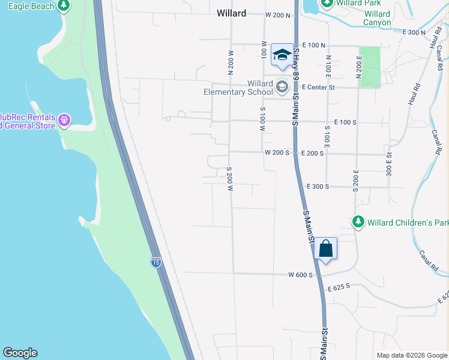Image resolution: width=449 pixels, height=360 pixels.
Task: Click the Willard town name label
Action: [x=231, y=13]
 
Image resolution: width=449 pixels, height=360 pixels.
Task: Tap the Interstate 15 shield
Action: [x=155, y=262]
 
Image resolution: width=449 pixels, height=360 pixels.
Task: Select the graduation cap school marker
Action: [x=282, y=55]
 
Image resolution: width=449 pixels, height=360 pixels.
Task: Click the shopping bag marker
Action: [x=325, y=248]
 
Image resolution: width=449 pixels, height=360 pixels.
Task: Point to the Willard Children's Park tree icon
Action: [x=358, y=222]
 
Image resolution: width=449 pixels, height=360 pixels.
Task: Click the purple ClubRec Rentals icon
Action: [x=64, y=121]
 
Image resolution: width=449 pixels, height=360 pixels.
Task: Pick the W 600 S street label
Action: [x=300, y=275]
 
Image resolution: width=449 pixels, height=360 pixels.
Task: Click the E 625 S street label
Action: [x=339, y=289]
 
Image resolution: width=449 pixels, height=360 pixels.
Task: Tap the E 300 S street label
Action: [x=318, y=187]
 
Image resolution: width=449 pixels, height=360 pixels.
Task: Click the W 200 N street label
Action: [x=277, y=14]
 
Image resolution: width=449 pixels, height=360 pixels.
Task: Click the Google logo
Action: [x=20, y=353]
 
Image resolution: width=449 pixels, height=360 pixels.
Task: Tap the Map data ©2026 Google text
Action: [x=411, y=355]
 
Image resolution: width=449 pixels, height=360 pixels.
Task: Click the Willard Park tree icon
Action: [x=327, y=4]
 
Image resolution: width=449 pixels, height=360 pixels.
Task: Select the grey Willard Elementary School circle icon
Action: [x=282, y=88]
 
